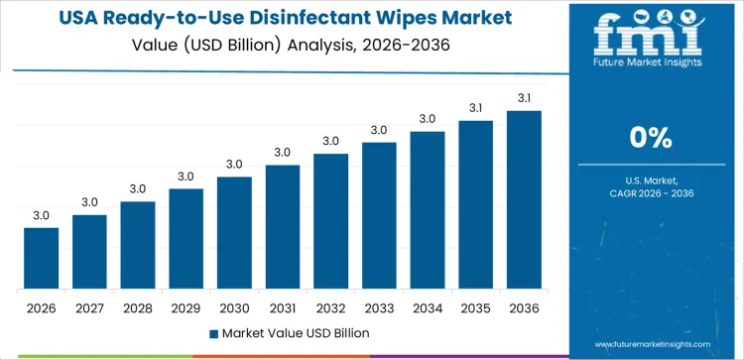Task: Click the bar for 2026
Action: click(42, 259)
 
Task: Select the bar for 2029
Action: click(186, 239)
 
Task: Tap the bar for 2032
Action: click(330, 221)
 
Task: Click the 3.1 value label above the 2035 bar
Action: click(475, 107)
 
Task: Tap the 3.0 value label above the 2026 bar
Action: click(42, 215)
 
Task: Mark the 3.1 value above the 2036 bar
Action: click(524, 97)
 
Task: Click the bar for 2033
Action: click(379, 215)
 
